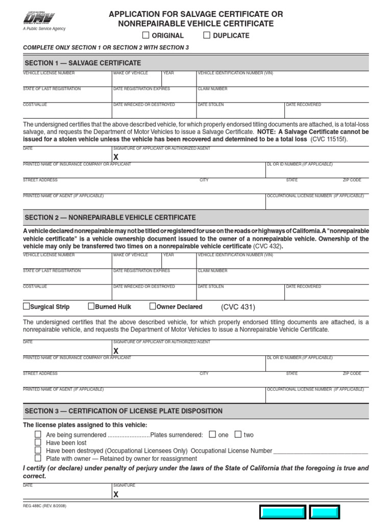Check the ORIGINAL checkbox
(145, 35)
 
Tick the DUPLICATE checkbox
(207, 35)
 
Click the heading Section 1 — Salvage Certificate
(83, 63)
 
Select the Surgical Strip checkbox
(27, 306)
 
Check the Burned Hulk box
(91, 306)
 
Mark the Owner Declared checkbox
(153, 306)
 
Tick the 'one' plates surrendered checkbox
(212, 434)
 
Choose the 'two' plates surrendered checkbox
(238, 434)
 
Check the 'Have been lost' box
(38, 442)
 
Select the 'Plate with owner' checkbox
(38, 458)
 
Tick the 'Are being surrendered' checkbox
(38, 434)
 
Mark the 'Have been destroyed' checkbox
(38, 451)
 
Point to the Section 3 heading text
(124, 411)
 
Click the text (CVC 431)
(238, 307)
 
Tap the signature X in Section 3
(116, 494)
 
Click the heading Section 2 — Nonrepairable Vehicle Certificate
(110, 217)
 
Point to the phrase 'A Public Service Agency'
(44, 29)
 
